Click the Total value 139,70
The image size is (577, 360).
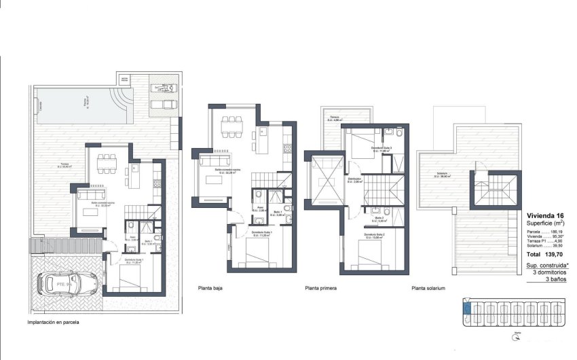tap(554, 254)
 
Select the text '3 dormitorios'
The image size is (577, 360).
tap(551, 272)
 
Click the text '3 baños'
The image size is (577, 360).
tap(557, 278)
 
